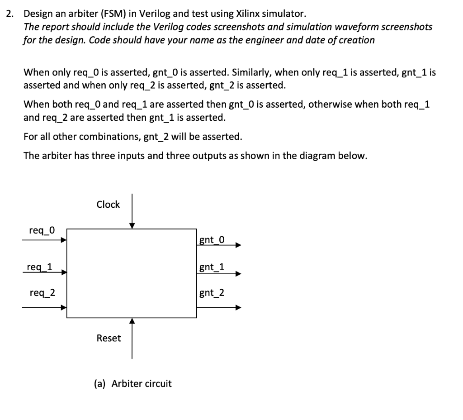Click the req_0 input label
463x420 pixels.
point(42,230)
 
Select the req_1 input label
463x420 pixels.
point(39,267)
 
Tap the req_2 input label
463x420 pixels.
point(42,293)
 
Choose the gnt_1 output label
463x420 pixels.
point(212,267)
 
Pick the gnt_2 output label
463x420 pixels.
point(212,293)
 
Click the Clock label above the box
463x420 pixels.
point(108,205)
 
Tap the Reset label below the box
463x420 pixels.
point(109,338)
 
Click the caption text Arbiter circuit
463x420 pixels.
point(142,384)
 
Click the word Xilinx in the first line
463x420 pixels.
point(249,14)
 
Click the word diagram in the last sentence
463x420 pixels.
point(320,156)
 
